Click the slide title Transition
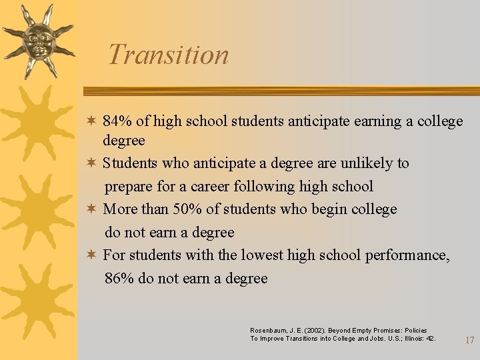[168, 55]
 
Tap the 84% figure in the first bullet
[117, 121]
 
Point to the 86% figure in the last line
[119, 279]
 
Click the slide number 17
[469, 340]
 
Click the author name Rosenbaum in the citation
[268, 331]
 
